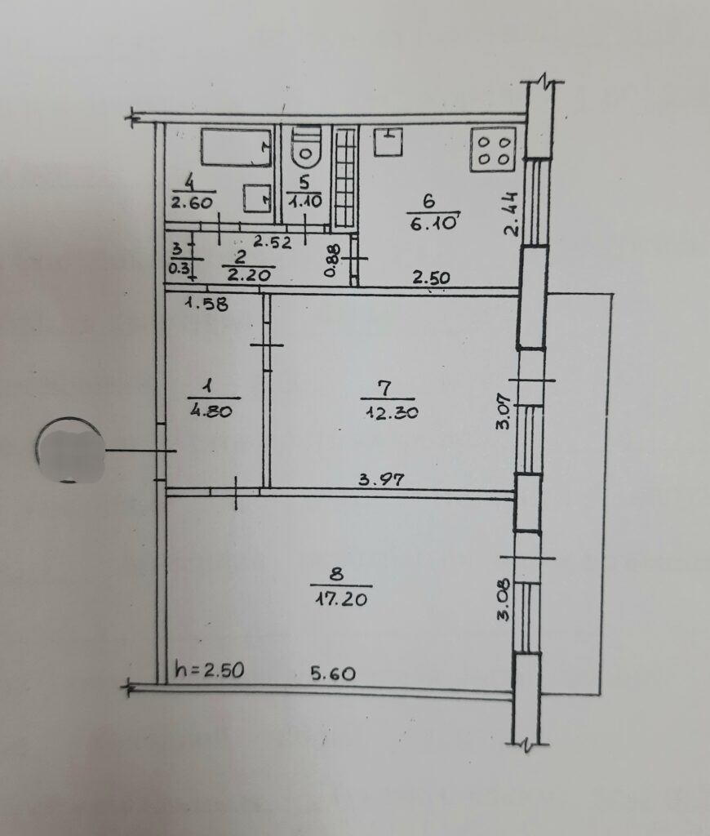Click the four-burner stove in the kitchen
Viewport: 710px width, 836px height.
(x=493, y=150)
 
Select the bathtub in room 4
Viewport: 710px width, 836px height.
(x=236, y=147)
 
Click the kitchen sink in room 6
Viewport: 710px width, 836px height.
(x=388, y=141)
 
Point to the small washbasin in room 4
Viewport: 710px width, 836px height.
(x=257, y=198)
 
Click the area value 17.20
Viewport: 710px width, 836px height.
(x=341, y=598)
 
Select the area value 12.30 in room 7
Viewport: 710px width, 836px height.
(x=392, y=412)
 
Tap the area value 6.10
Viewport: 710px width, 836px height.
(x=433, y=222)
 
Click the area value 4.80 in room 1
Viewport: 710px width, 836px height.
(x=211, y=411)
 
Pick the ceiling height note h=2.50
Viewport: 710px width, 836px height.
(x=210, y=669)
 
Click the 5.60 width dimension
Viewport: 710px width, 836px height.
(x=333, y=674)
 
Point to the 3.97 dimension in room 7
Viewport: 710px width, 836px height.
(x=381, y=480)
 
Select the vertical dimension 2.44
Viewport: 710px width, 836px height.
(x=511, y=214)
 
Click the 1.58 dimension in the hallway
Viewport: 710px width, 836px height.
(x=206, y=304)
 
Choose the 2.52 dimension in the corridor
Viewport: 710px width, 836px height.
(x=273, y=242)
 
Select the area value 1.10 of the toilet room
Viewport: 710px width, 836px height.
(x=305, y=202)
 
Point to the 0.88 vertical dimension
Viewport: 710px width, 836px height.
(x=331, y=260)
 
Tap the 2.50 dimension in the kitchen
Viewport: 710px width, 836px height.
(x=431, y=278)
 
